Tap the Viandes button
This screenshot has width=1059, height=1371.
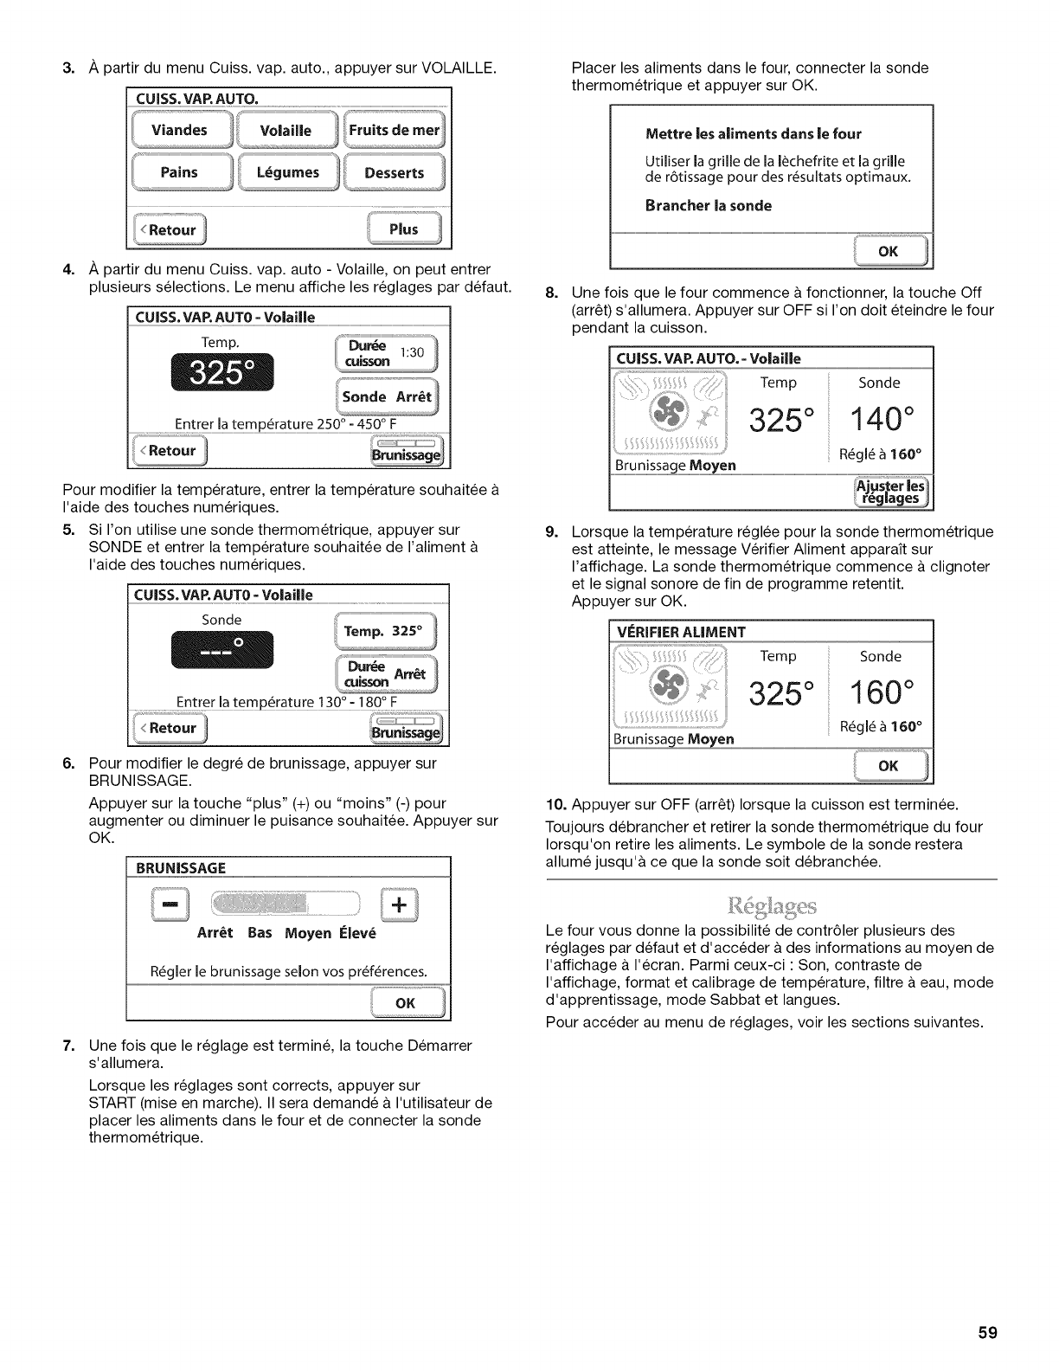[x=179, y=131]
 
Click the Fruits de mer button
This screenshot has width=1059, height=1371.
[x=395, y=131]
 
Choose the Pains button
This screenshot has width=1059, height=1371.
[x=179, y=172]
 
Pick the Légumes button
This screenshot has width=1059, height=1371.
[x=287, y=172]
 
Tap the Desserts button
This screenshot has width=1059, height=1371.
[x=395, y=172]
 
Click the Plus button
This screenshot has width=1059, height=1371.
[x=403, y=229]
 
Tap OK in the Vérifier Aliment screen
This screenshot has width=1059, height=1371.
[x=888, y=766]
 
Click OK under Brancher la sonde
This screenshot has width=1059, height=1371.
[x=888, y=251]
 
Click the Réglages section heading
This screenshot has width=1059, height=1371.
[x=772, y=907]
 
